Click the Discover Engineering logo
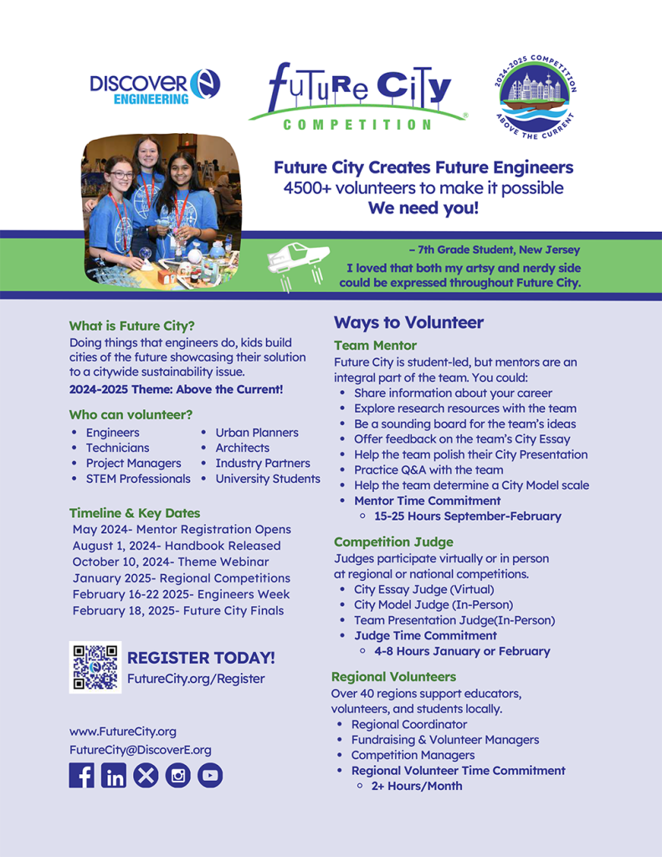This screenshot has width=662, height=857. (x=155, y=87)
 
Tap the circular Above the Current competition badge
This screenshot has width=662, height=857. (x=535, y=97)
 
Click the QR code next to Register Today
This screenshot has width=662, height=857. (x=95, y=667)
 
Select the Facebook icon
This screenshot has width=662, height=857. (x=81, y=775)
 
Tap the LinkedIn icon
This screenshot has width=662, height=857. (x=114, y=775)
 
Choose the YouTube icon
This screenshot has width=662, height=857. (x=210, y=775)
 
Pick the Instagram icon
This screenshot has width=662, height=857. (x=177, y=775)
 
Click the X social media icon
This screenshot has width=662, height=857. (x=146, y=775)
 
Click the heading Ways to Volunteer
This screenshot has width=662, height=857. (x=408, y=322)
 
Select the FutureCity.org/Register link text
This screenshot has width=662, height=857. (x=196, y=679)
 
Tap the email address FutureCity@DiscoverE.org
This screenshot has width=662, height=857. (x=140, y=750)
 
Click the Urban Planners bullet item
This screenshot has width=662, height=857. (x=257, y=433)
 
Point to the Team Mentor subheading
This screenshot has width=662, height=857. (x=375, y=346)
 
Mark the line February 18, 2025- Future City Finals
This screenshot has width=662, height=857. (x=178, y=610)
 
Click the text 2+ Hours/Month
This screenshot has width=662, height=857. (x=417, y=786)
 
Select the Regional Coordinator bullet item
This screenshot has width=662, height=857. (x=409, y=724)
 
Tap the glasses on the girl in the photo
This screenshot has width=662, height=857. (x=121, y=175)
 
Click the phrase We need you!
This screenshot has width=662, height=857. (x=423, y=208)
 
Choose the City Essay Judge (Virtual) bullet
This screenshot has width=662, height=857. (x=423, y=589)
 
